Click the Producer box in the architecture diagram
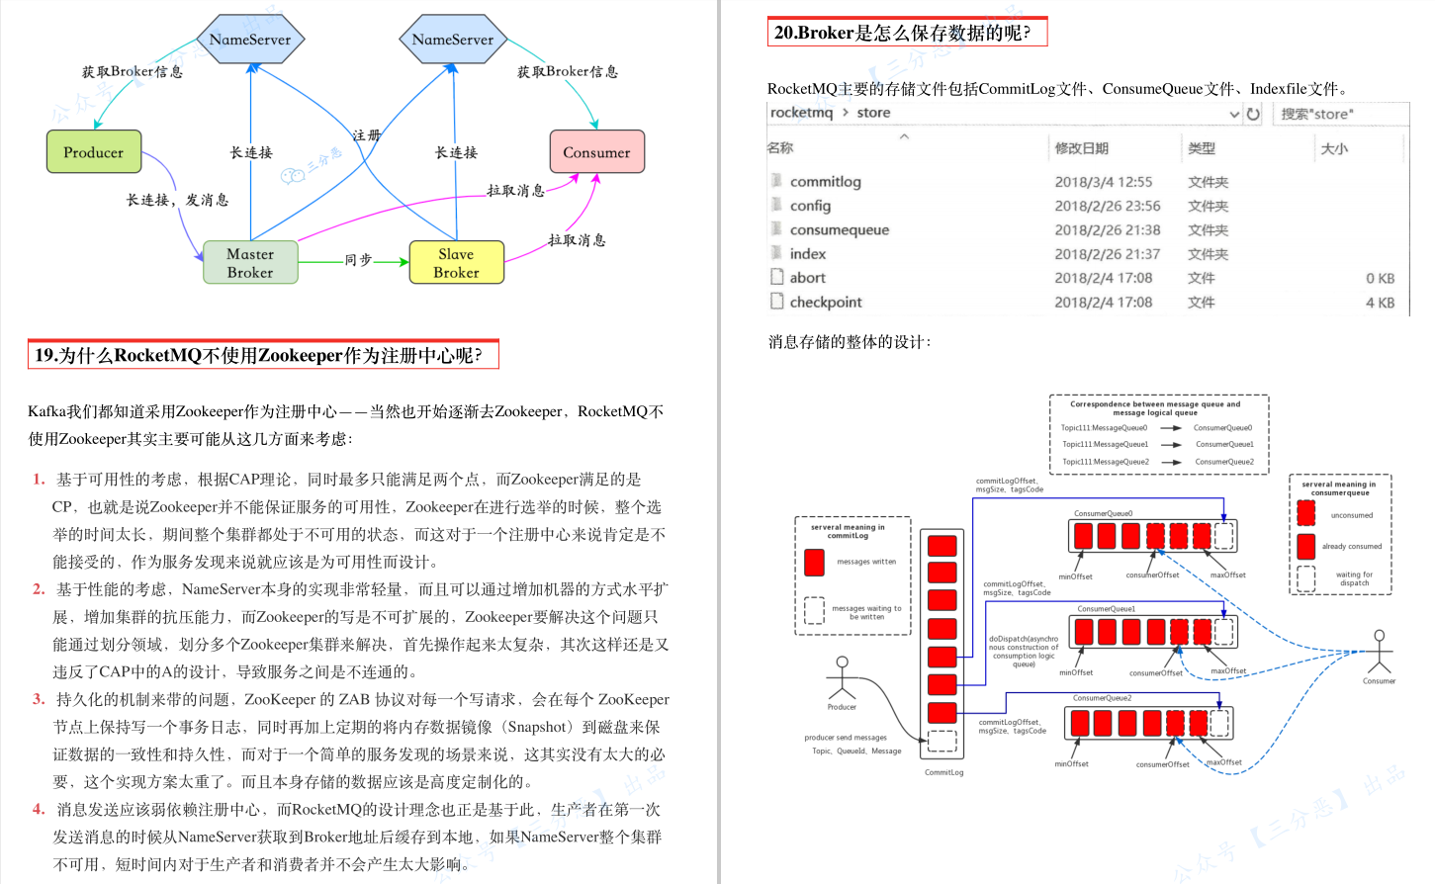coord(94,152)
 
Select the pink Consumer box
coord(596,152)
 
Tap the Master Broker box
coord(250,263)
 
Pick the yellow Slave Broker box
coord(456,263)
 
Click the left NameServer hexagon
coord(250,40)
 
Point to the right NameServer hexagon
coord(453,40)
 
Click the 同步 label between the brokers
coord(358,260)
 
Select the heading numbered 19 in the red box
coord(263,355)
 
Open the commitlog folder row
coord(825,182)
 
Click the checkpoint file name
coord(825,303)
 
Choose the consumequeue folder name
coord(839,230)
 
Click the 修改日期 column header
coord(1081,148)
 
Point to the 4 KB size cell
coord(1380,303)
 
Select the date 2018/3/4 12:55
coord(1103,182)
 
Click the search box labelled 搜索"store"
coord(1340,114)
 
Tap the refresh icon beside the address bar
coord(1253,114)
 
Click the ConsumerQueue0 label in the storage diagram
coord(1104,513)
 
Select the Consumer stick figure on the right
coord(1379,652)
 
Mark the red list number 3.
coord(39,699)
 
